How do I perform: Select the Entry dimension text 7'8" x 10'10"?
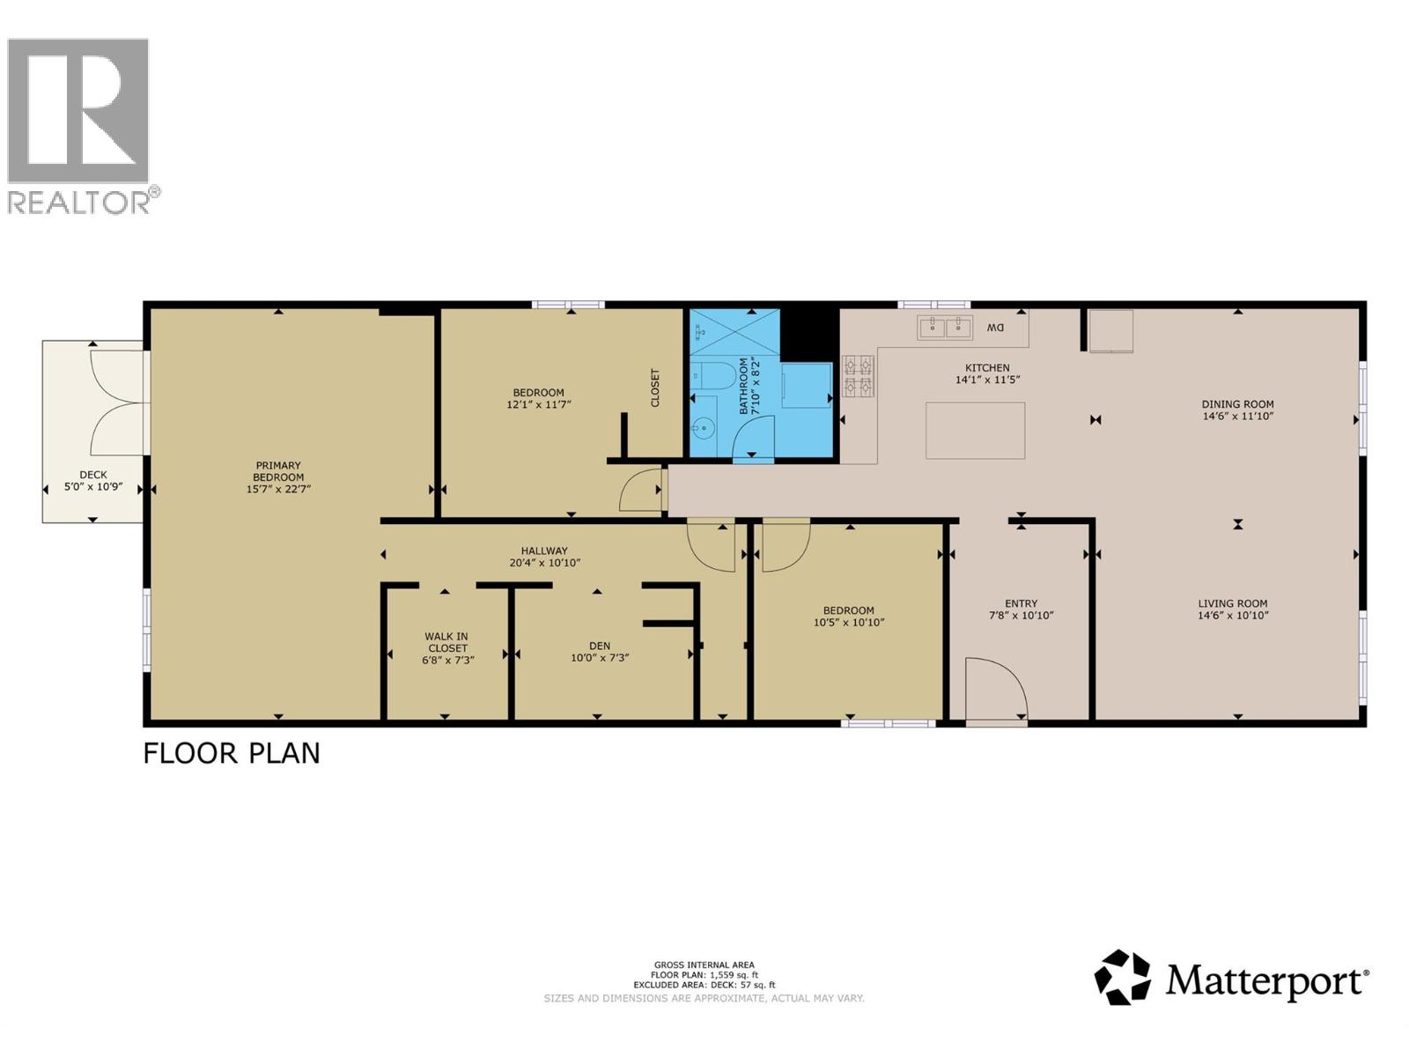(x=1021, y=616)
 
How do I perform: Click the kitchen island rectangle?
(x=975, y=431)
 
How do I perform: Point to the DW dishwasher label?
(x=994, y=328)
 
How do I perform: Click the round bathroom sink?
(x=704, y=426)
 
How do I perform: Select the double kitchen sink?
(x=944, y=328)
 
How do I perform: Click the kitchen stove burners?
(x=859, y=376)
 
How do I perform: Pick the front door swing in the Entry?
(x=996, y=689)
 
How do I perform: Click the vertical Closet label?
(x=655, y=387)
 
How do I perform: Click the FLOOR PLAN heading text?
(x=231, y=753)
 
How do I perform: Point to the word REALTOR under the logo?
(x=78, y=203)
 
